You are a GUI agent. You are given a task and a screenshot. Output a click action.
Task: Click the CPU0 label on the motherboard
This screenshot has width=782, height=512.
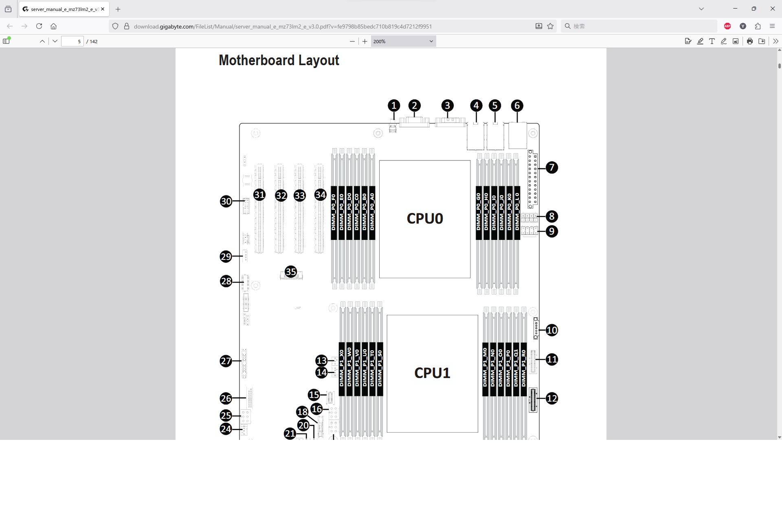(x=424, y=219)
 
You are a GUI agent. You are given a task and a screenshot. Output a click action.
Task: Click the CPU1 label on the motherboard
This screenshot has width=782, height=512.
(x=432, y=373)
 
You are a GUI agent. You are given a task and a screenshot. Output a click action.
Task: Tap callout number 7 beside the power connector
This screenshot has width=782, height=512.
(x=551, y=167)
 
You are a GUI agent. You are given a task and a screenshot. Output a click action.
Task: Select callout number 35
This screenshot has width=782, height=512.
(x=291, y=272)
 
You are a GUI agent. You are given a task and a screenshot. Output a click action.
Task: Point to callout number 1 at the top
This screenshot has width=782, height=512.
(x=393, y=106)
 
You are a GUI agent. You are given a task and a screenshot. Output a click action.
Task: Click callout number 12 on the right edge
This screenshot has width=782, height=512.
(x=551, y=398)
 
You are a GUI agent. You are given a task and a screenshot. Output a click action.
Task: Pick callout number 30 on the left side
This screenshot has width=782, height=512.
(x=226, y=201)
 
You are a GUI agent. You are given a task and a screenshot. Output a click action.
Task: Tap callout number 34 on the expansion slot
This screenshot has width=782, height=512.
(x=321, y=195)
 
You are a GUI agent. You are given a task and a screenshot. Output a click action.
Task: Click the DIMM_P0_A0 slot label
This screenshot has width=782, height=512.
(x=372, y=212)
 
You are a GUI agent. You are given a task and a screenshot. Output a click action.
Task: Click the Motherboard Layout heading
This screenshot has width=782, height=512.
(x=279, y=60)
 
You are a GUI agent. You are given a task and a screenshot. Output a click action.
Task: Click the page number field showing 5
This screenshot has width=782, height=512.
(x=72, y=41)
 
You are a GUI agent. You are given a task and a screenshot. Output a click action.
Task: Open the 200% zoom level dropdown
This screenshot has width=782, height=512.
(x=403, y=41)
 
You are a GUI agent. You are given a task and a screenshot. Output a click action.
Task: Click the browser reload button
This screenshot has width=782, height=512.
(x=39, y=26)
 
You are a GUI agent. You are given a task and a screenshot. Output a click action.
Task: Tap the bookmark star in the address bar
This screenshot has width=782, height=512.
(x=550, y=26)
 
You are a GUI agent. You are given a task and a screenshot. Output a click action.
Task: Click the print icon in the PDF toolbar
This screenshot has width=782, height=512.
(x=749, y=41)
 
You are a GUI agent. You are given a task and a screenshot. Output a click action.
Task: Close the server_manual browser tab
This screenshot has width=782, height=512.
(x=103, y=9)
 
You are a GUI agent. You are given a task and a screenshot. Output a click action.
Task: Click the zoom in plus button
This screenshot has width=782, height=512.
(x=365, y=41)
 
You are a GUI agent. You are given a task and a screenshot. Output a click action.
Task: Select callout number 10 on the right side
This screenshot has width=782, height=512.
(x=551, y=330)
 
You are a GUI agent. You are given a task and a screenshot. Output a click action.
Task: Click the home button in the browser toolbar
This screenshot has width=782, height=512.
(x=53, y=26)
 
